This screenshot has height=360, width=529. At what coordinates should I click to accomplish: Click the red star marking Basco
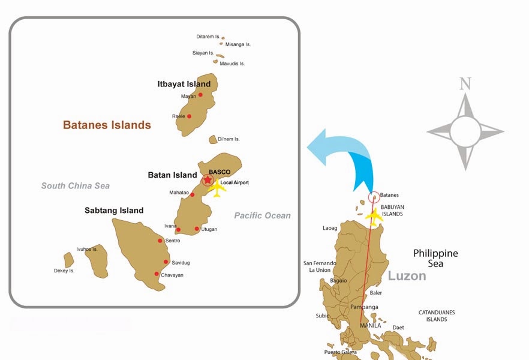tap(208, 180)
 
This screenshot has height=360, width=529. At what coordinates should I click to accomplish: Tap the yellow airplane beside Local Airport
tap(217, 190)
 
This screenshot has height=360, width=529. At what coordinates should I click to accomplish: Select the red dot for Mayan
tap(200, 94)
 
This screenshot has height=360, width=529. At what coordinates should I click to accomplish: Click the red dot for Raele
tap(190, 116)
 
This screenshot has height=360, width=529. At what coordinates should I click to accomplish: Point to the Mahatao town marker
tap(192, 194)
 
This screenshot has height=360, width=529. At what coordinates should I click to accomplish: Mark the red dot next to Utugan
tap(197, 229)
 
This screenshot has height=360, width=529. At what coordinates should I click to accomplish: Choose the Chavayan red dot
tap(157, 274)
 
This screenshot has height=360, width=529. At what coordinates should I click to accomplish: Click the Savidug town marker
tap(166, 262)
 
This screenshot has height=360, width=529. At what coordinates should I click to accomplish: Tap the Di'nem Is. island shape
tap(212, 139)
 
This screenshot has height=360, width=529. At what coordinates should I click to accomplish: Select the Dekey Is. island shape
tap(69, 260)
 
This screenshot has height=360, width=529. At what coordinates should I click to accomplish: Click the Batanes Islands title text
tap(107, 125)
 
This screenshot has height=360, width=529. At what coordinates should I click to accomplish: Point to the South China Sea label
tap(76, 186)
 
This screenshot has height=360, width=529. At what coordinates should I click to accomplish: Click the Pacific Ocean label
tap(262, 215)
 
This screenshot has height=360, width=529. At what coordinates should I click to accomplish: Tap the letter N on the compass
tap(465, 84)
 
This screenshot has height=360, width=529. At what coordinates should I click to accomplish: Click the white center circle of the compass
tap(465, 131)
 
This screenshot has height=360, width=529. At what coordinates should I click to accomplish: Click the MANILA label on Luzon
tap(370, 326)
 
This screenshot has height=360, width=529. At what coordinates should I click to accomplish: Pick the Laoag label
tap(330, 228)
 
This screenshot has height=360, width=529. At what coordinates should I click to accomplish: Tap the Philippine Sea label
tap(435, 258)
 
